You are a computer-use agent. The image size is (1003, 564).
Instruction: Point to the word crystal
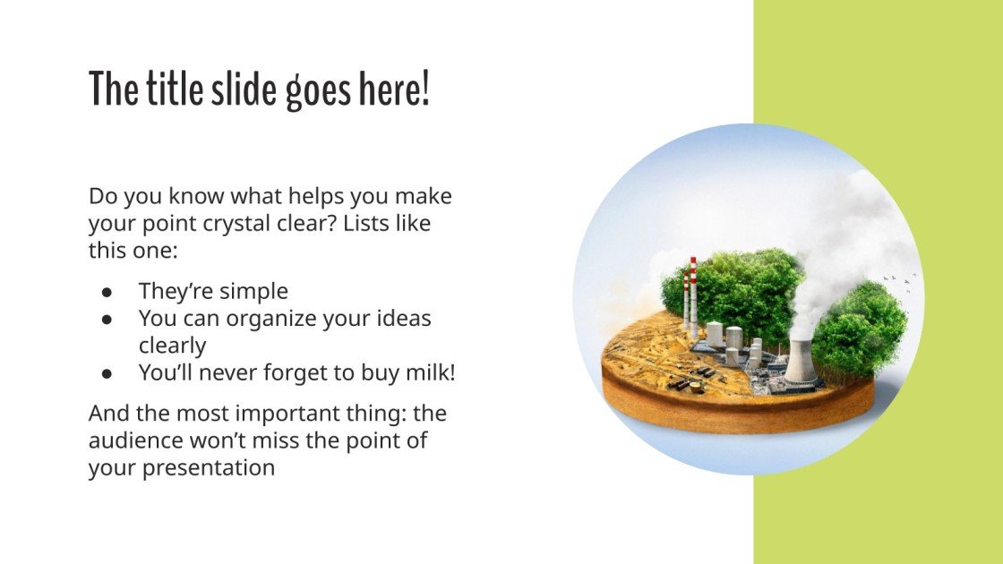coord(236,225)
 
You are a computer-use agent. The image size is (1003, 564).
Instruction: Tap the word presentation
coord(209,469)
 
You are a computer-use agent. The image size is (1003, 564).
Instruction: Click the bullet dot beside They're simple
coord(107,292)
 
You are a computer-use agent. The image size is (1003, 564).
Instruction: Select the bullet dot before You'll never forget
coord(107,373)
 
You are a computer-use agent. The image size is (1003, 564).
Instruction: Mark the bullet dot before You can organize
coord(107,319)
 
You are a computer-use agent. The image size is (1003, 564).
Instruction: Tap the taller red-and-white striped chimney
coord(693,297)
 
